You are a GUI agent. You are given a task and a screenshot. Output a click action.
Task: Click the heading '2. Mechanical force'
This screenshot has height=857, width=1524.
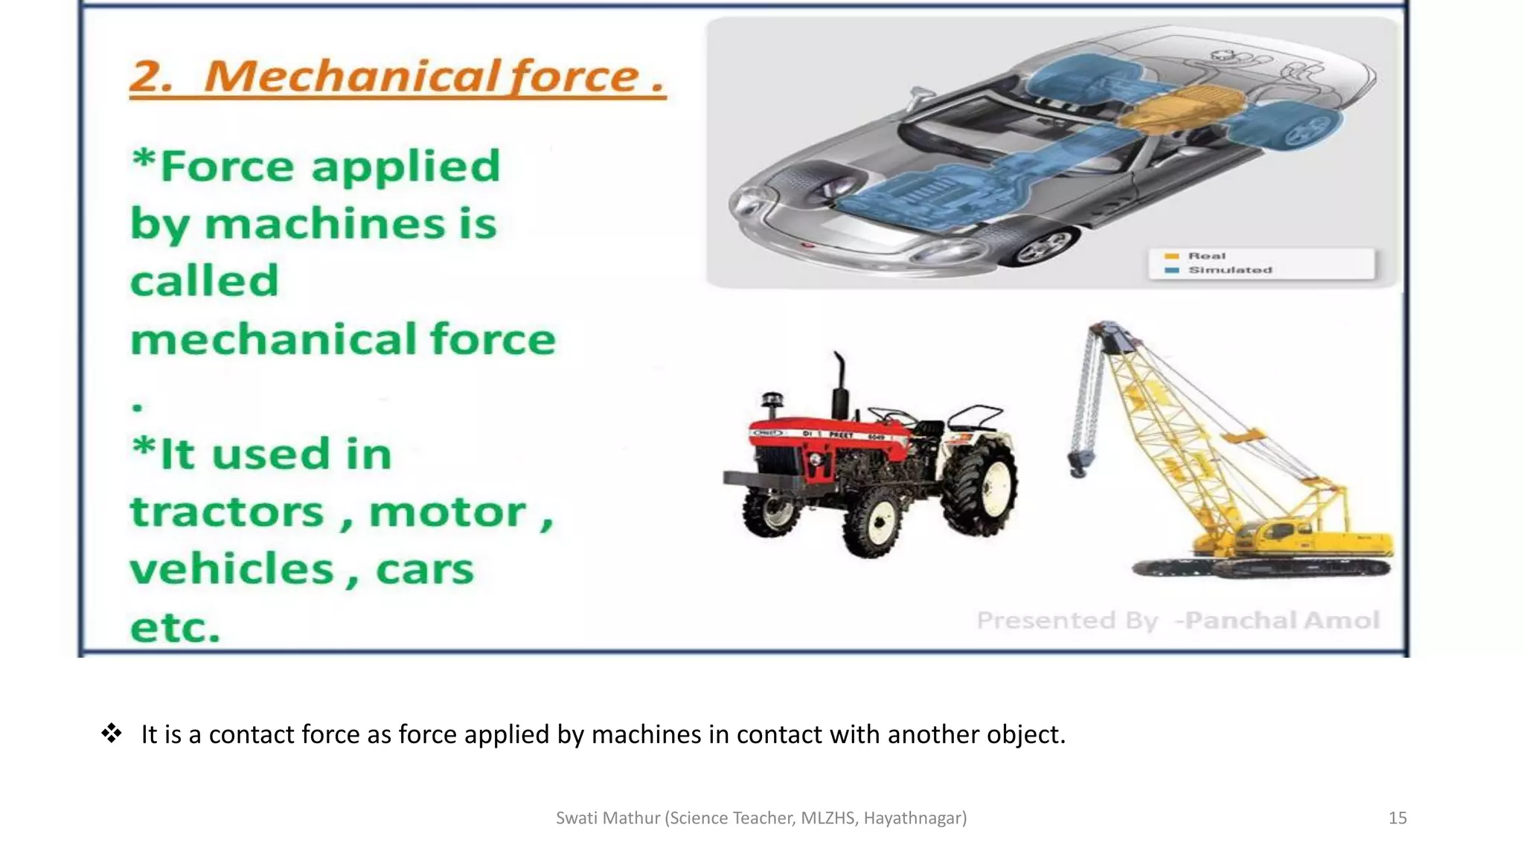397,77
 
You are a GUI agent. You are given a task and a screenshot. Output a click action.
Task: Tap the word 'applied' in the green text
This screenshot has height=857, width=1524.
406,167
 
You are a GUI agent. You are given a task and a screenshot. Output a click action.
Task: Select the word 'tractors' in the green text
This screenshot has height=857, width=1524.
228,513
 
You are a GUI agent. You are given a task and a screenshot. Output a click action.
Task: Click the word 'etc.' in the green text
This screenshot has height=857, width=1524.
176,627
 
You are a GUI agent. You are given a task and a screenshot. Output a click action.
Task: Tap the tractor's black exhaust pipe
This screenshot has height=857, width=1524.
840,387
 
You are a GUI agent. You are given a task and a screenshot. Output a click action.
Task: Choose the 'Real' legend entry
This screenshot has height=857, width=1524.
1206,256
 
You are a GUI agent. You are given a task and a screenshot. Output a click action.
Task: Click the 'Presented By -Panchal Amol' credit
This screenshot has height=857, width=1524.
1178,620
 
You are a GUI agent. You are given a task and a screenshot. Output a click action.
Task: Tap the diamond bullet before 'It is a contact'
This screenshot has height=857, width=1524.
112,734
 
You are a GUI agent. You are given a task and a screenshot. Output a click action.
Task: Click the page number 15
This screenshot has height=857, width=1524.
1397,818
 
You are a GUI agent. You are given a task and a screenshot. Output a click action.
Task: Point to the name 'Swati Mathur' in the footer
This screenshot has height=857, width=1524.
608,818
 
